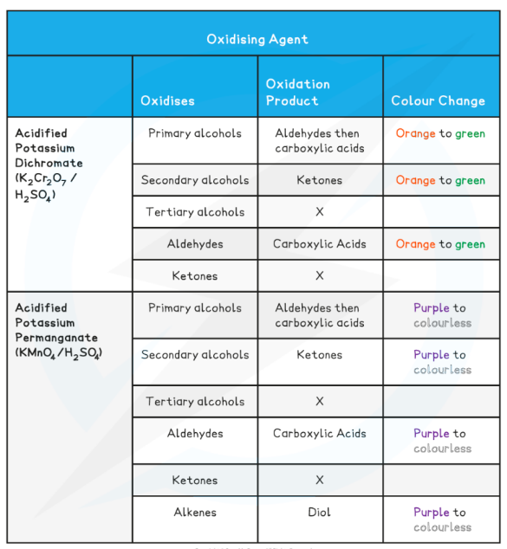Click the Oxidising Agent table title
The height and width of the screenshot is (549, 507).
[x=257, y=39]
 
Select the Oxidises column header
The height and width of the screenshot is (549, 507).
[x=168, y=101]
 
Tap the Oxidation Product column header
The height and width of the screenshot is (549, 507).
[x=298, y=93]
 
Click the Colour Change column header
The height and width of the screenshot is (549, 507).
[x=438, y=101]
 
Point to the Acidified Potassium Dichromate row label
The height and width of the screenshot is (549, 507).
[x=49, y=162]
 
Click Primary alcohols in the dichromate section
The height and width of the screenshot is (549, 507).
[x=195, y=133]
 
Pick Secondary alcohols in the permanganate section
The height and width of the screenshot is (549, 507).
[x=195, y=354]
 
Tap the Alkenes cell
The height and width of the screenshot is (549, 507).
[x=195, y=512]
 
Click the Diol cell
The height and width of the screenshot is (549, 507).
[x=319, y=512]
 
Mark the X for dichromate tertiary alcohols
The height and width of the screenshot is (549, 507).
[x=319, y=212]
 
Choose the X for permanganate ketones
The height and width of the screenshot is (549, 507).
[x=319, y=480]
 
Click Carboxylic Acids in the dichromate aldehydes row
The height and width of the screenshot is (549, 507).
[x=319, y=244]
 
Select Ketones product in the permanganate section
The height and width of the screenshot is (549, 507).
[x=319, y=354]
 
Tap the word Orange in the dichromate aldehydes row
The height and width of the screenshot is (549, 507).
[x=415, y=244]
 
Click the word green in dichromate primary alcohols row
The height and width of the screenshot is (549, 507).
[x=470, y=134]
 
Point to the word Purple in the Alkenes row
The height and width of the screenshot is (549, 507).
[x=432, y=512]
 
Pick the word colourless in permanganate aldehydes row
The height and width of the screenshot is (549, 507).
[x=442, y=449]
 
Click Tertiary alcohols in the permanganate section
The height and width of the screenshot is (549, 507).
[x=195, y=401]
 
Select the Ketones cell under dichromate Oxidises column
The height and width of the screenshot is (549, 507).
[x=195, y=276]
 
